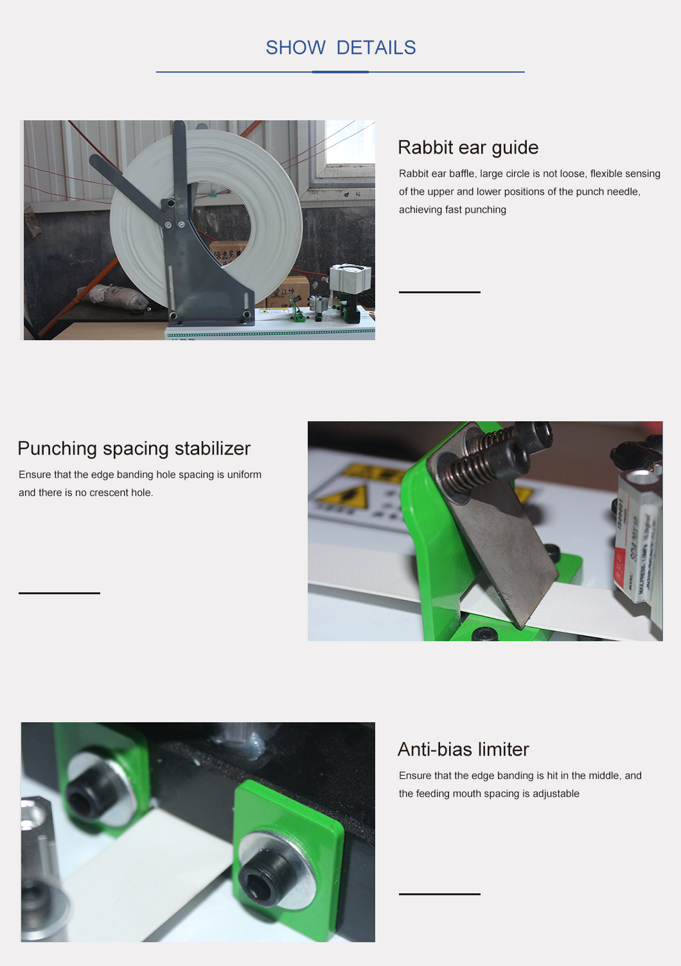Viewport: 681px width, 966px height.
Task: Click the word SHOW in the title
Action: click(296, 48)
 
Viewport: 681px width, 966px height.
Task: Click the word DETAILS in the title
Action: click(376, 48)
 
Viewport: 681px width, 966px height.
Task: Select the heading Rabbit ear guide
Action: click(468, 147)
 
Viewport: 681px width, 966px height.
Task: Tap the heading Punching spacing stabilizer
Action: click(134, 448)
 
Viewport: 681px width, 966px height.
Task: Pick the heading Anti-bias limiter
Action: click(463, 749)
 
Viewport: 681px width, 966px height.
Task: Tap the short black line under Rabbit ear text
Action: click(439, 292)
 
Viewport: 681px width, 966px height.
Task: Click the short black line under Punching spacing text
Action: click(59, 593)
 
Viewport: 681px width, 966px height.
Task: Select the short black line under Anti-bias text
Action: click(439, 894)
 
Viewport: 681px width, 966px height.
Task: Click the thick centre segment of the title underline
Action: click(340, 72)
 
